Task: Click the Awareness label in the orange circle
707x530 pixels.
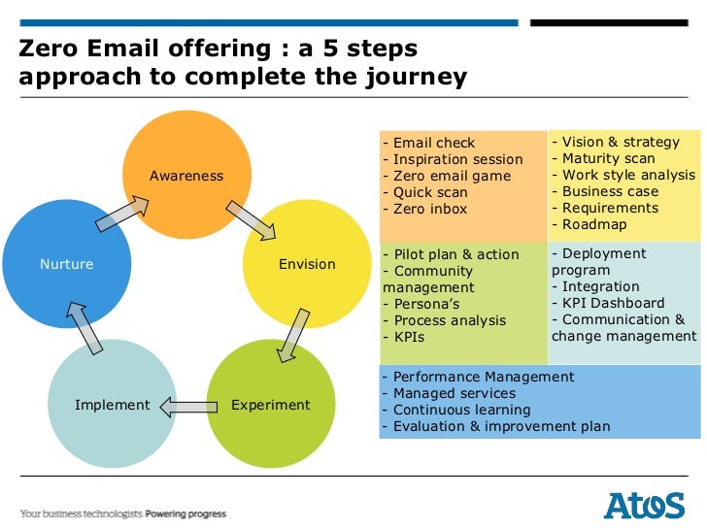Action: click(186, 176)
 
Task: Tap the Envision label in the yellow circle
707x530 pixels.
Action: click(307, 264)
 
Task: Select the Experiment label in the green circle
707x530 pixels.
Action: click(271, 405)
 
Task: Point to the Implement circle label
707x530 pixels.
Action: click(113, 405)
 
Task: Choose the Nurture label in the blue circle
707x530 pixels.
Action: click(66, 264)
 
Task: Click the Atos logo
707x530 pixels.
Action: click(644, 506)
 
